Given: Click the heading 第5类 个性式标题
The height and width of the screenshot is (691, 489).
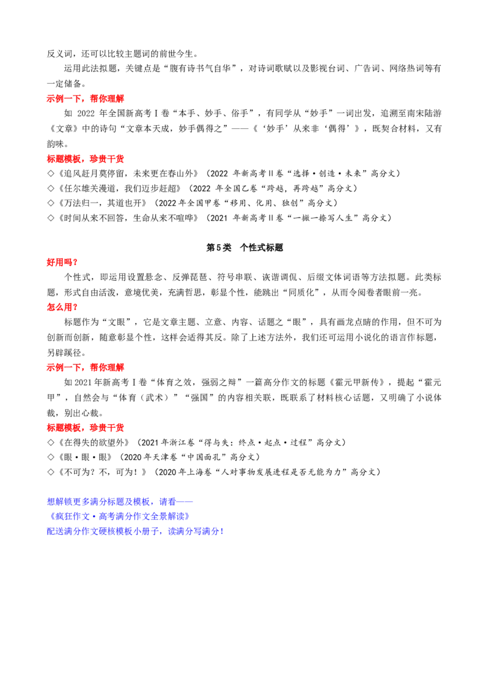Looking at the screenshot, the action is click(x=244, y=248).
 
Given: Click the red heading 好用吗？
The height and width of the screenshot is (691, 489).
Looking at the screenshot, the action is click(x=62, y=262).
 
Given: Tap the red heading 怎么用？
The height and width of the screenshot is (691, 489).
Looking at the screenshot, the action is click(x=62, y=307).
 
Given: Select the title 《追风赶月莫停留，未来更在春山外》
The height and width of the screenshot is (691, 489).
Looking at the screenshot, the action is click(x=128, y=173).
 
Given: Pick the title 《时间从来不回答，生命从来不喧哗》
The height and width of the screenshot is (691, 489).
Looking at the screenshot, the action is click(x=128, y=218).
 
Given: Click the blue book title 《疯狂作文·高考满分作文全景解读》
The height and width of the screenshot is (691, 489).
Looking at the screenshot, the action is click(x=119, y=516).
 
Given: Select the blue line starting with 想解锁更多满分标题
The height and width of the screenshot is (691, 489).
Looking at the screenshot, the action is click(x=120, y=502).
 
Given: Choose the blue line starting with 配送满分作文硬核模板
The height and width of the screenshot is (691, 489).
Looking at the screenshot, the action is click(x=136, y=532).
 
